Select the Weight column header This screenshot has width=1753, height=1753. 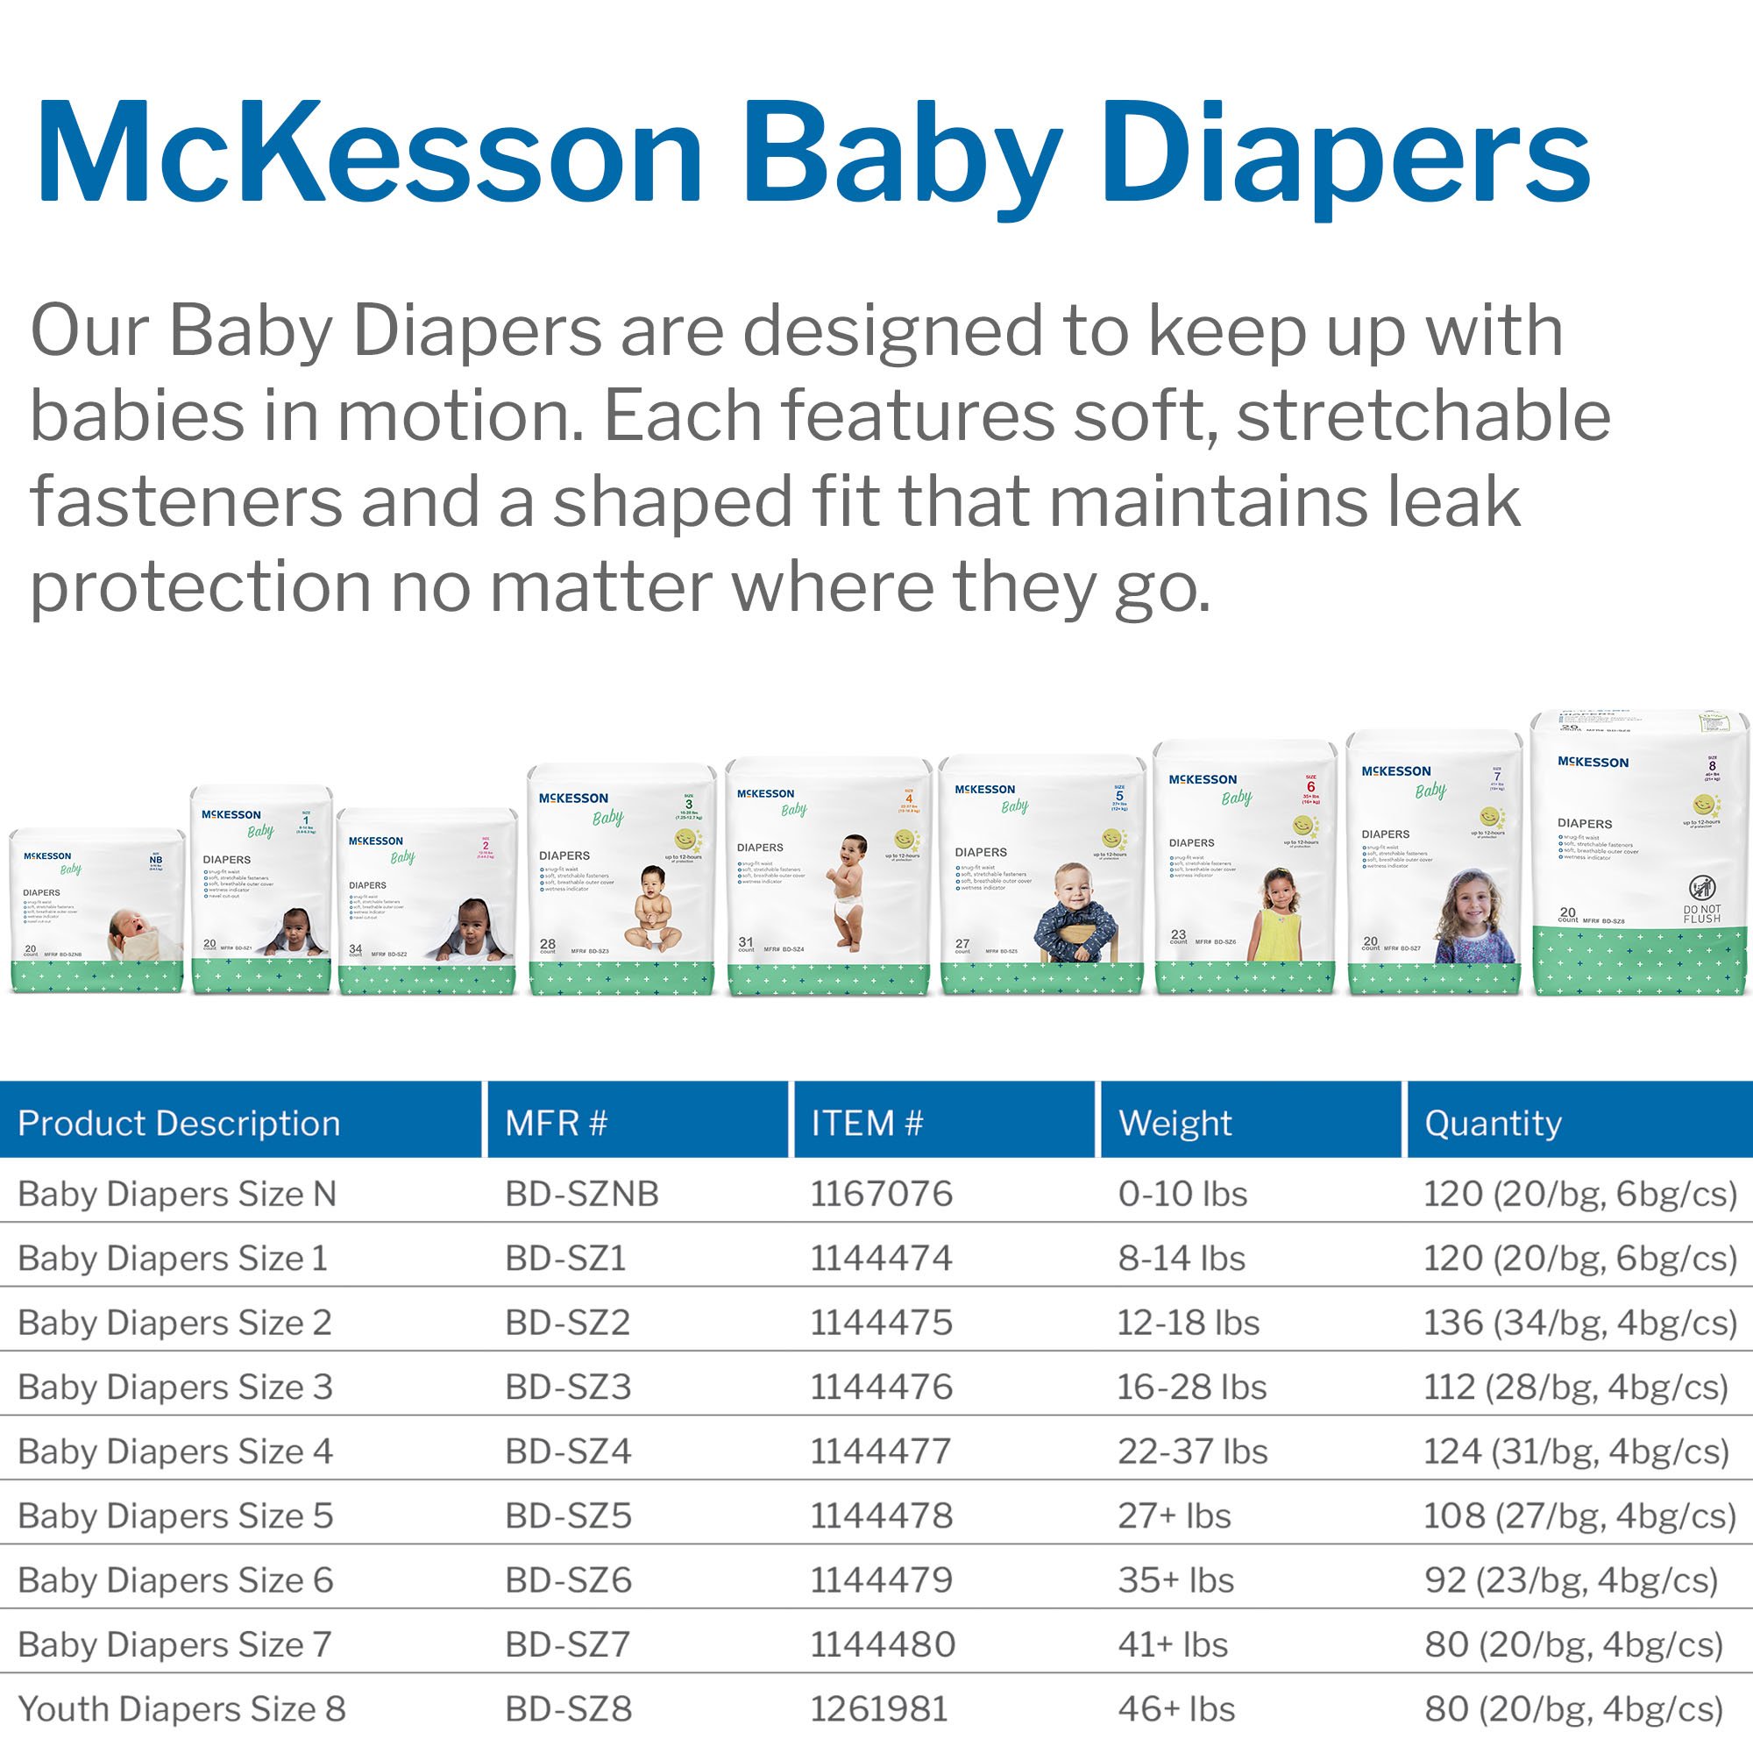(1175, 1124)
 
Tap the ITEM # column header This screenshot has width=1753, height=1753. (867, 1124)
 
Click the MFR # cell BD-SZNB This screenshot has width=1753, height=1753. (582, 1194)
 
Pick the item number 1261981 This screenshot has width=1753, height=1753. (878, 1709)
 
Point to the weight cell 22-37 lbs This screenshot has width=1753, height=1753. (1192, 1451)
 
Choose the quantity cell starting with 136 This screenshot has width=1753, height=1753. (1579, 1323)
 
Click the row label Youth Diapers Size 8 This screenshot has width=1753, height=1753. (181, 1709)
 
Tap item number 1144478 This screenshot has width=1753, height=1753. (881, 1516)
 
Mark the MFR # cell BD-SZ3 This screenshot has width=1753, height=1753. (568, 1387)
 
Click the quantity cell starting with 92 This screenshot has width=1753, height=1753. (1571, 1580)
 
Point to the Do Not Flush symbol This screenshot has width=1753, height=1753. (1701, 889)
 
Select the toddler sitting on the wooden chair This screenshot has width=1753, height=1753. (1076, 912)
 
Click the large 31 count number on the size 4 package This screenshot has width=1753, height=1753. (746, 943)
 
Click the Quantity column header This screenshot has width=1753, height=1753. (1493, 1124)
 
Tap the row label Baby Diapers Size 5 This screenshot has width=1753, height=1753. (175, 1516)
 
